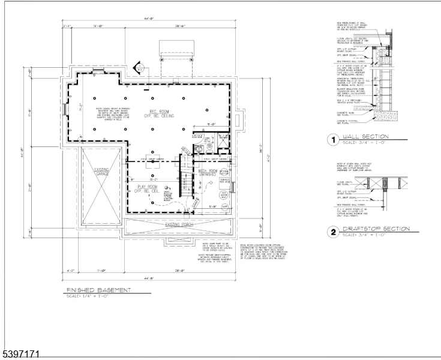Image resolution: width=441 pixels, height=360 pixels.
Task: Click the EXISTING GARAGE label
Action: coord(101,173)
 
